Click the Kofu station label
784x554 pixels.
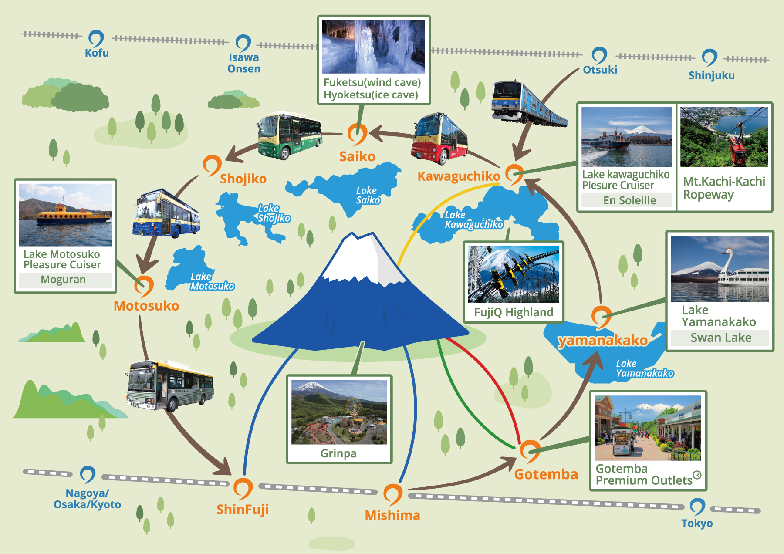pyautogui.click(x=97, y=53)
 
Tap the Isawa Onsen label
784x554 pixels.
pyautogui.click(x=244, y=63)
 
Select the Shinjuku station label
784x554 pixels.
pyautogui.click(x=711, y=75)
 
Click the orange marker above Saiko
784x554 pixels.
pyautogui.click(x=357, y=134)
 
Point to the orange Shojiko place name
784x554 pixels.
pyautogui.click(x=243, y=179)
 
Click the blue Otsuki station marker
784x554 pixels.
pyautogui.click(x=599, y=56)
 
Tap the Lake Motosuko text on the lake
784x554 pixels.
pyautogui.click(x=212, y=281)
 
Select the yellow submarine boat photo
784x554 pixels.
pyautogui.click(x=65, y=215)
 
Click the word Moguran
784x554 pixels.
pyautogui.click(x=63, y=279)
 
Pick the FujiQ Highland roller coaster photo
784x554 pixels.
pyautogui.click(x=514, y=274)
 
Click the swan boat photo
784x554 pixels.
pyautogui.click(x=720, y=269)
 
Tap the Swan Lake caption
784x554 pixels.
pyautogui.click(x=721, y=338)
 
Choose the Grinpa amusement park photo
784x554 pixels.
pyautogui.click(x=339, y=412)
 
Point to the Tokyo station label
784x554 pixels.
pyautogui.click(x=697, y=523)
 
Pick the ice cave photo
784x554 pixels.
pyautogui.click(x=373, y=47)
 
